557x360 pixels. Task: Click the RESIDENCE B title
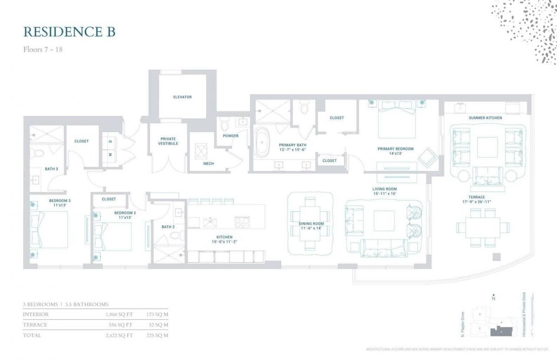tap(69, 32)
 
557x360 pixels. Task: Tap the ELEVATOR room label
tap(182, 97)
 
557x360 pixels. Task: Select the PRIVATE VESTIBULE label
tap(168, 141)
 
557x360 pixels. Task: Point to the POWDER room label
tap(230, 136)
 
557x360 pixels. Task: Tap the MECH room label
tap(208, 163)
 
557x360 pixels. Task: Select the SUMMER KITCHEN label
tap(485, 118)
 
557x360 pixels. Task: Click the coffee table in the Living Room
tap(384, 221)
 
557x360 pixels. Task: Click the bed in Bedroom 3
tap(50, 229)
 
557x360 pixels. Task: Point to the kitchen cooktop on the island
tap(242, 222)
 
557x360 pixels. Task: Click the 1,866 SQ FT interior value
tap(118, 314)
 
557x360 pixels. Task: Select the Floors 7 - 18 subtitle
tap(43, 49)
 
